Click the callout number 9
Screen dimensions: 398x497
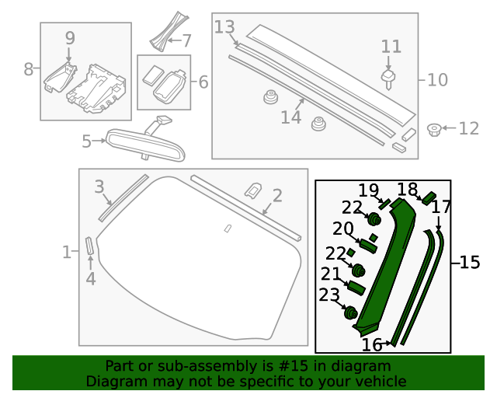70,37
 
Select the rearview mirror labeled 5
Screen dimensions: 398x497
145,145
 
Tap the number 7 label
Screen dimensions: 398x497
186,40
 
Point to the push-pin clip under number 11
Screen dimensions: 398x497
391,78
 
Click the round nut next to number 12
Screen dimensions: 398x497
435,128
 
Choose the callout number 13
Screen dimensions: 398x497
224,28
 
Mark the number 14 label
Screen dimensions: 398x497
290,117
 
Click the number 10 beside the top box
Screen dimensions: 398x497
438,79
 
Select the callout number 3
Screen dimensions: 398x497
99,187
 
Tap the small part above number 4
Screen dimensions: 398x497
89,246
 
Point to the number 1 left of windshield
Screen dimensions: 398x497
67,252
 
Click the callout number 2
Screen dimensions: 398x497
276,195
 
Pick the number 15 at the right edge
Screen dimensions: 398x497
469,263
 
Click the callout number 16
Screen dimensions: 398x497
372,344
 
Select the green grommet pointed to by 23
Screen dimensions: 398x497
350,312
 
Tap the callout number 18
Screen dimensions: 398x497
408,190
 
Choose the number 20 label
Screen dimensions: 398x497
342,229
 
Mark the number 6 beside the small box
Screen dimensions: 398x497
203,81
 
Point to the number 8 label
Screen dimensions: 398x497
29,69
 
